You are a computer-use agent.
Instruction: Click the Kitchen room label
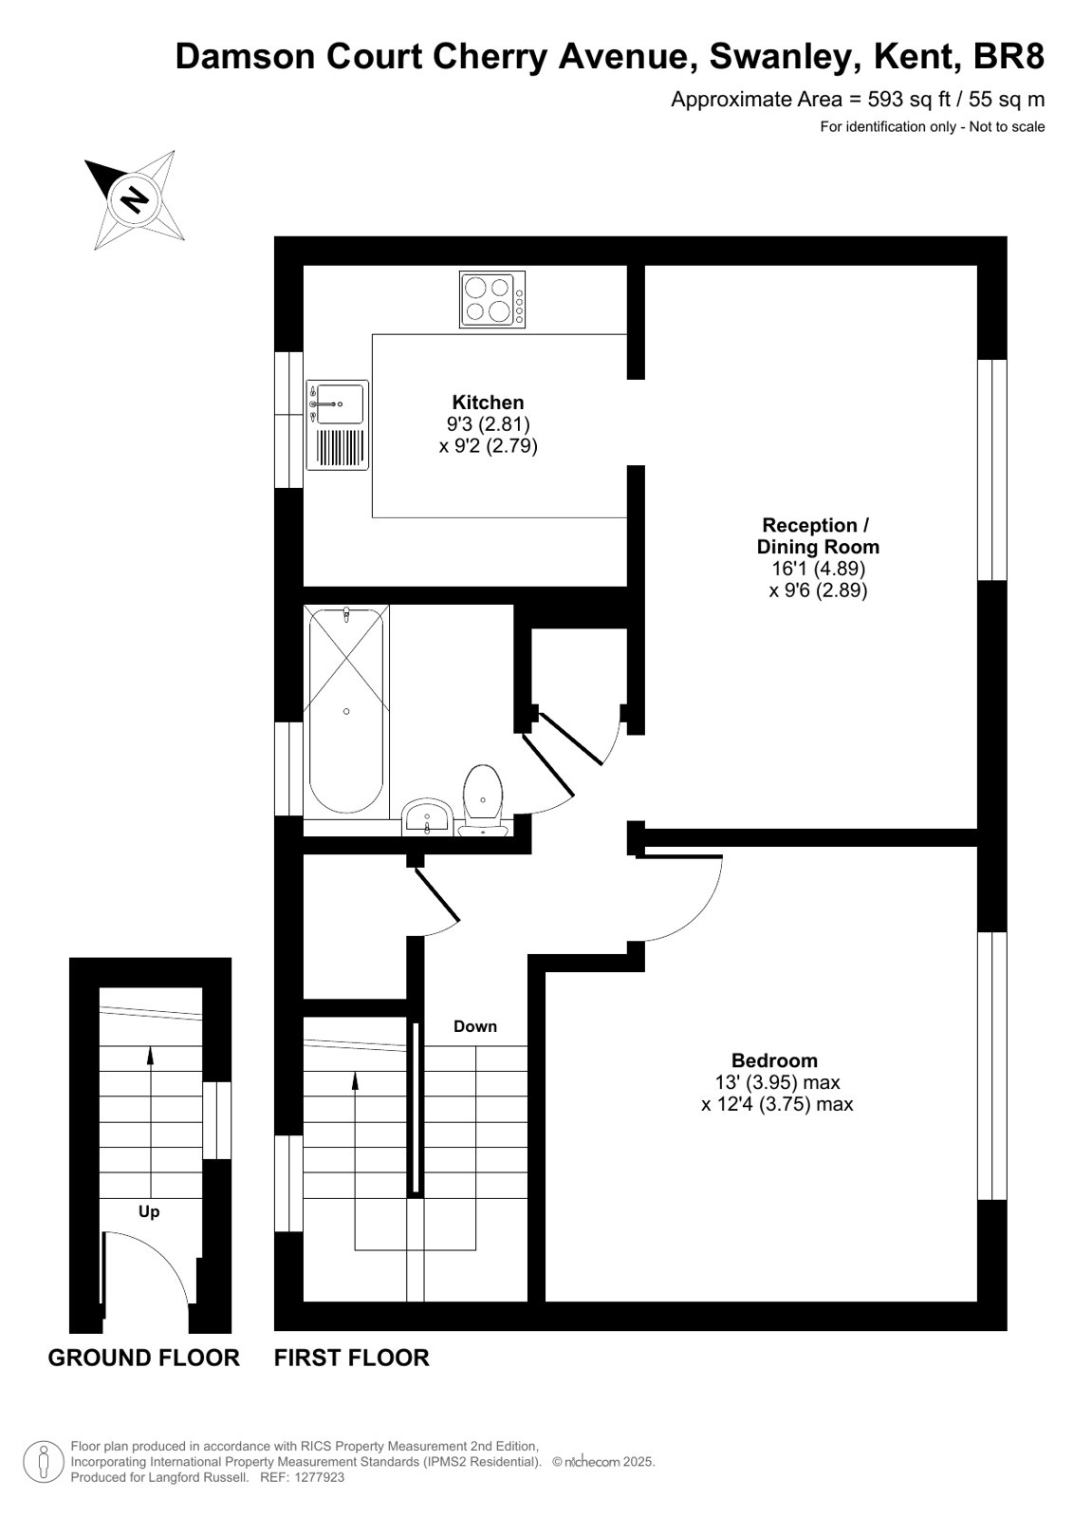pyautogui.click(x=488, y=402)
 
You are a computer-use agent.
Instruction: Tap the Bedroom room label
pyautogui.click(x=774, y=1059)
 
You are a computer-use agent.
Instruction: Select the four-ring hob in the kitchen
pyautogui.click(x=491, y=299)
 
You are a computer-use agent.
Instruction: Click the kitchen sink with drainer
pyautogui.click(x=338, y=425)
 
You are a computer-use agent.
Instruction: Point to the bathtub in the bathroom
pyautogui.click(x=346, y=712)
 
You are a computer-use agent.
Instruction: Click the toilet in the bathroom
pyautogui.click(x=483, y=800)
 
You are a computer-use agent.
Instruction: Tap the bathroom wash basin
pyautogui.click(x=426, y=817)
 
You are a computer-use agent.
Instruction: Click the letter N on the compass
pyautogui.click(x=134, y=199)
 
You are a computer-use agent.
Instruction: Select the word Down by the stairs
pyautogui.click(x=475, y=1026)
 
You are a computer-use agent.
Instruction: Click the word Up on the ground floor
pyautogui.click(x=148, y=1211)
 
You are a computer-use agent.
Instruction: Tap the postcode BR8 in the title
pyautogui.click(x=1008, y=57)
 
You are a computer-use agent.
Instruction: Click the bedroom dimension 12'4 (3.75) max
pyautogui.click(x=776, y=1104)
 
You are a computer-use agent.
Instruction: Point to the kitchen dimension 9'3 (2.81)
pyautogui.click(x=488, y=424)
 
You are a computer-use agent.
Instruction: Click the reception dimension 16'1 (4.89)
pyautogui.click(x=819, y=568)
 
